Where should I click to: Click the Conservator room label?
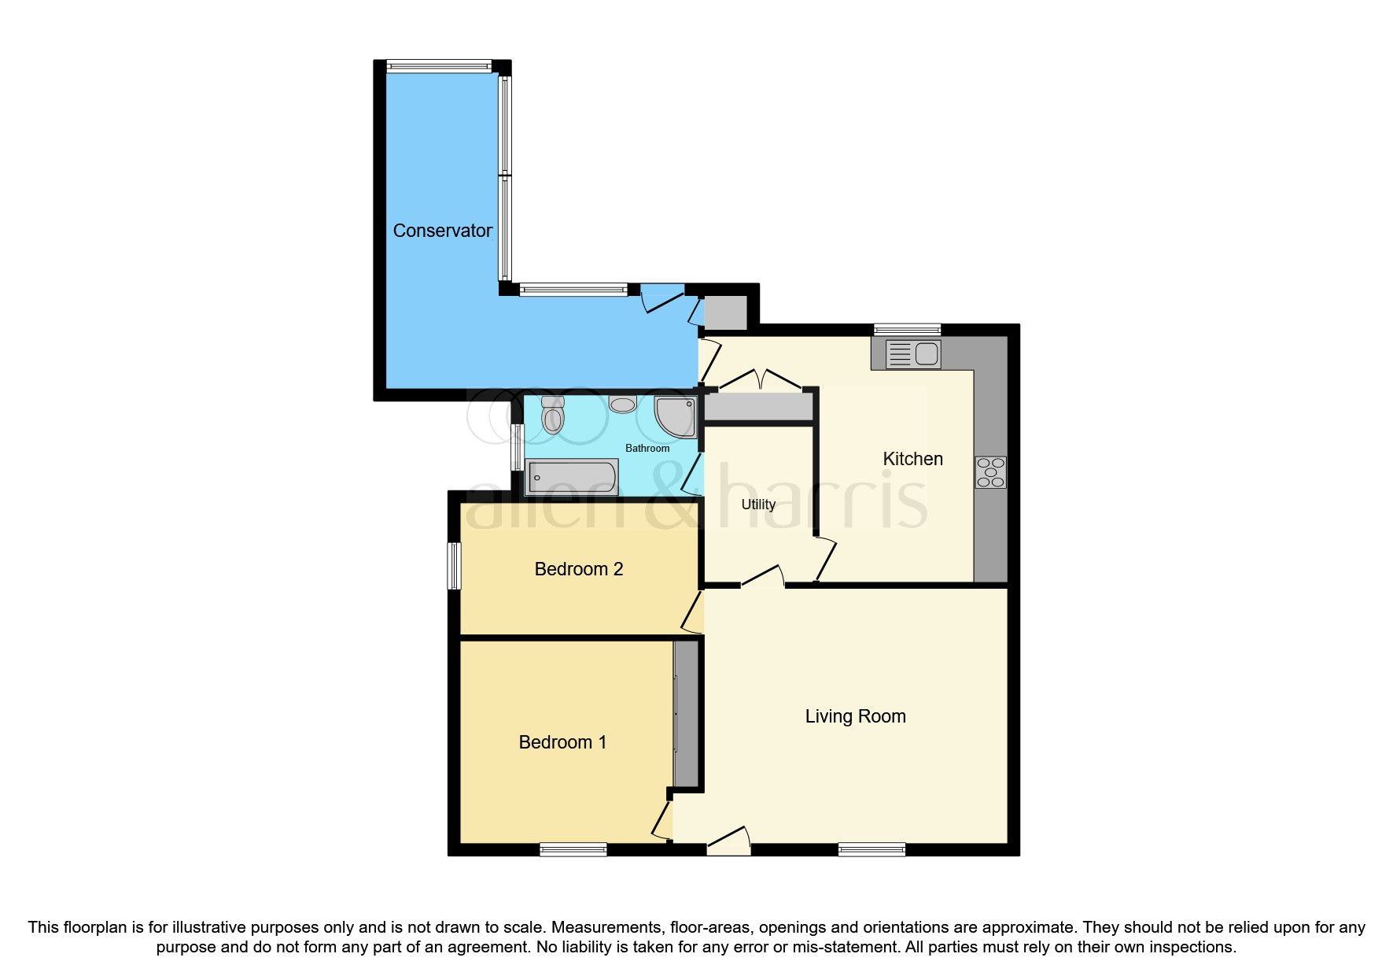[x=442, y=231]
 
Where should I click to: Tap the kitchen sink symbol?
[x=913, y=353]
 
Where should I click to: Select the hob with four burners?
[x=990, y=472]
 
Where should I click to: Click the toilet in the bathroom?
[x=553, y=416]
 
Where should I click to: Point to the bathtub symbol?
[x=572, y=477]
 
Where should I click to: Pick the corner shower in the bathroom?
[x=675, y=417]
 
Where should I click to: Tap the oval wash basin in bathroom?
[x=623, y=405]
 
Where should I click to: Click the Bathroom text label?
[x=647, y=448]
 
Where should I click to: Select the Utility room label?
[x=758, y=505]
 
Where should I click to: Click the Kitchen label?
[x=912, y=459]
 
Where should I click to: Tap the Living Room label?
[x=855, y=716]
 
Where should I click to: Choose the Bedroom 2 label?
[x=578, y=569]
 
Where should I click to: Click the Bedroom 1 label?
[x=562, y=742]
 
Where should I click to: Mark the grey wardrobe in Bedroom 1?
[x=687, y=713]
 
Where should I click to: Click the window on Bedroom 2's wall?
[x=454, y=565]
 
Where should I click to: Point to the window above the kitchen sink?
[x=907, y=330]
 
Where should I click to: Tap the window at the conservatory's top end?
[x=439, y=67]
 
